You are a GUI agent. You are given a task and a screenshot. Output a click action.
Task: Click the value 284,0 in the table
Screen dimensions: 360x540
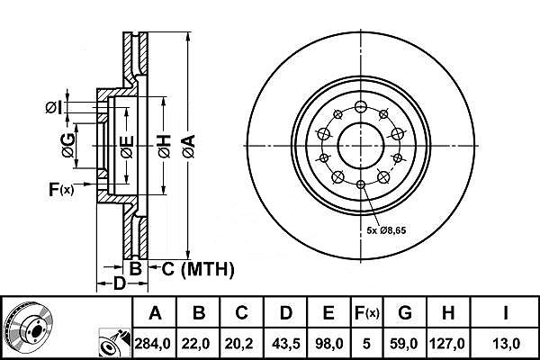[x=156, y=342]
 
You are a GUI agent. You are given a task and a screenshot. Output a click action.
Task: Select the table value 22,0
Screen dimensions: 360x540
[x=200, y=342]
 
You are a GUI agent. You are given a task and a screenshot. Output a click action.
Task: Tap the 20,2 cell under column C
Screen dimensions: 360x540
[x=242, y=342]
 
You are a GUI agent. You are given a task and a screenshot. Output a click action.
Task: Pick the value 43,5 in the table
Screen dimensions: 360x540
[x=285, y=342]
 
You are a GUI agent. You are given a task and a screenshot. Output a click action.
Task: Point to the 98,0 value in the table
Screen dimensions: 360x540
[x=328, y=342]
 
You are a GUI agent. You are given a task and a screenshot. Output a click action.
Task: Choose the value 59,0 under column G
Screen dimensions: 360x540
[x=405, y=342]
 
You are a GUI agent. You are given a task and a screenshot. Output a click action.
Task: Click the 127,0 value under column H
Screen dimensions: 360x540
[x=450, y=342]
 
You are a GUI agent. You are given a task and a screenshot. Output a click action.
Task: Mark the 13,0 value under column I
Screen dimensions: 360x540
[x=506, y=342]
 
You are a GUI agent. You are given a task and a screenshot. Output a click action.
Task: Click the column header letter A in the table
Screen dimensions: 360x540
[x=156, y=314]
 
